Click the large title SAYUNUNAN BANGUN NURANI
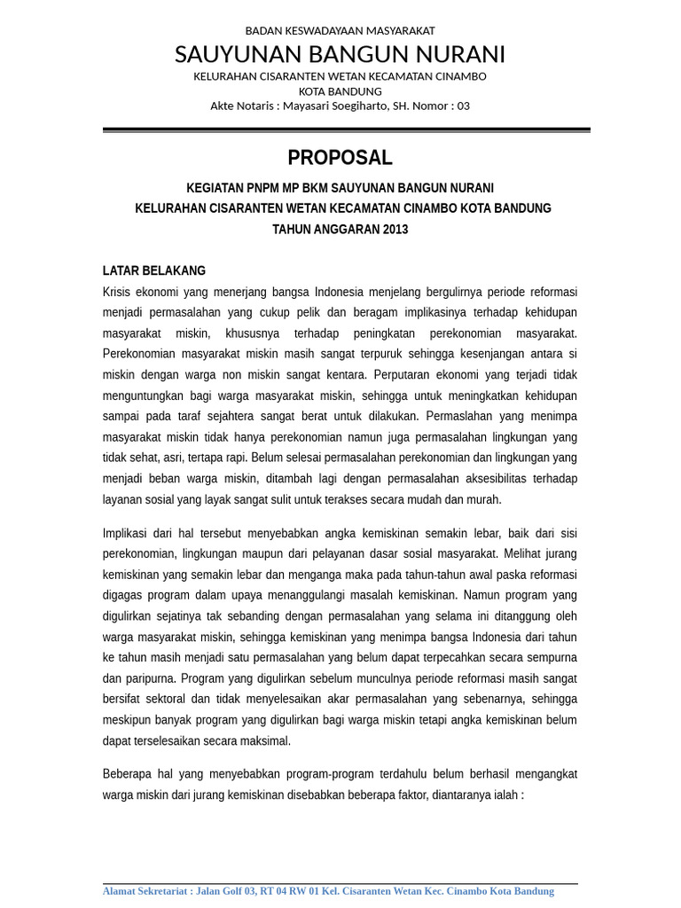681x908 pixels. coord(340,55)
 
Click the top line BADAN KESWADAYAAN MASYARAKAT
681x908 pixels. coord(340,30)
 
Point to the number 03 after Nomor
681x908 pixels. coord(462,106)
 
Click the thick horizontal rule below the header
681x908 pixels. coord(346,130)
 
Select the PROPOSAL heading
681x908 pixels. coord(340,158)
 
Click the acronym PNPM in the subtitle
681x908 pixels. coord(266,188)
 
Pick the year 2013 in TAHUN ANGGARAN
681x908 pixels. coord(395,229)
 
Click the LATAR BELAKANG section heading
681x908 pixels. coord(154,270)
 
